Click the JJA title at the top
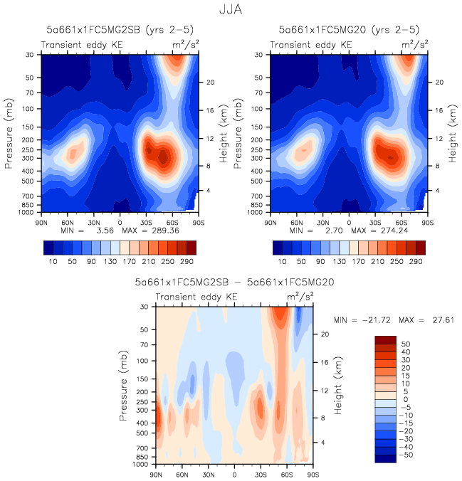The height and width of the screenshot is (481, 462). click(x=231, y=11)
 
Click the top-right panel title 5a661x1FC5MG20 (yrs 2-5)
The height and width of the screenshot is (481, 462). click(x=349, y=30)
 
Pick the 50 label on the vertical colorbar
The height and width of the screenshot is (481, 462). click(x=404, y=343)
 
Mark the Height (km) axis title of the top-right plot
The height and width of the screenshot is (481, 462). click(x=452, y=132)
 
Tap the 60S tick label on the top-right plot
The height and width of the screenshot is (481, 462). click(x=402, y=222)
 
